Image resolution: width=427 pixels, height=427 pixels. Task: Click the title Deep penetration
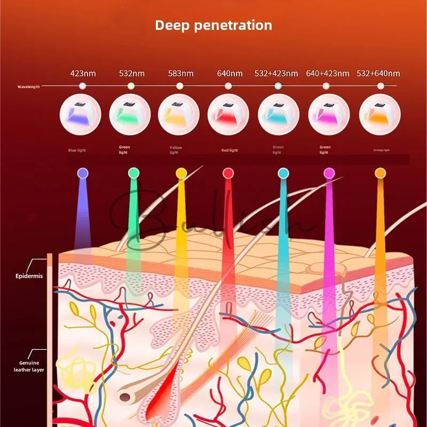point(213,25)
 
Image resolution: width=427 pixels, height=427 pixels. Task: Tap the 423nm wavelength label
point(83,73)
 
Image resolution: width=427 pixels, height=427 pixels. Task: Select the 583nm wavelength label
point(180,73)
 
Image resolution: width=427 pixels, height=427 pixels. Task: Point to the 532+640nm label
point(380,73)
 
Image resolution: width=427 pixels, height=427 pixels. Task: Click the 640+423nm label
point(328,73)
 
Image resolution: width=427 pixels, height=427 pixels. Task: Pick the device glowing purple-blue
point(82,114)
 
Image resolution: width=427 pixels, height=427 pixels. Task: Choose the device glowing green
point(130,114)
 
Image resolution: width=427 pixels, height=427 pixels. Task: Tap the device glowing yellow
point(179,114)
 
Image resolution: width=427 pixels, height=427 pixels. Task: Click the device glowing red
point(228,114)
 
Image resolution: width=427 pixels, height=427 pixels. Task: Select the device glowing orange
point(380,114)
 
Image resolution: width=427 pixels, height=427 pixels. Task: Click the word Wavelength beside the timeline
point(28,86)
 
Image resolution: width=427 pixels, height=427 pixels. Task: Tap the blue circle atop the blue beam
point(82,173)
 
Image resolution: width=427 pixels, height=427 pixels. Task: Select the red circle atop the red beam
point(228,173)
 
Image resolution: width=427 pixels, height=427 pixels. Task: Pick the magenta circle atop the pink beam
point(329,173)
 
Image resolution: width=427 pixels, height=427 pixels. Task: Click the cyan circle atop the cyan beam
point(283,173)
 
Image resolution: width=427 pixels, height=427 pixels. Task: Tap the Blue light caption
point(77,151)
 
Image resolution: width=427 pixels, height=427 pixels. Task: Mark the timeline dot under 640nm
point(228,86)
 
